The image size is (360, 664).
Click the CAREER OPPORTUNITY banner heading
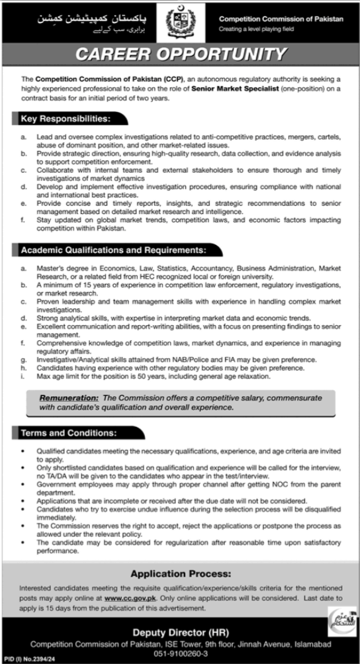[180, 53]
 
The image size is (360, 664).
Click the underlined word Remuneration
[69, 397]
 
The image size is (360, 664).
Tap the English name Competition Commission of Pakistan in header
[281, 21]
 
